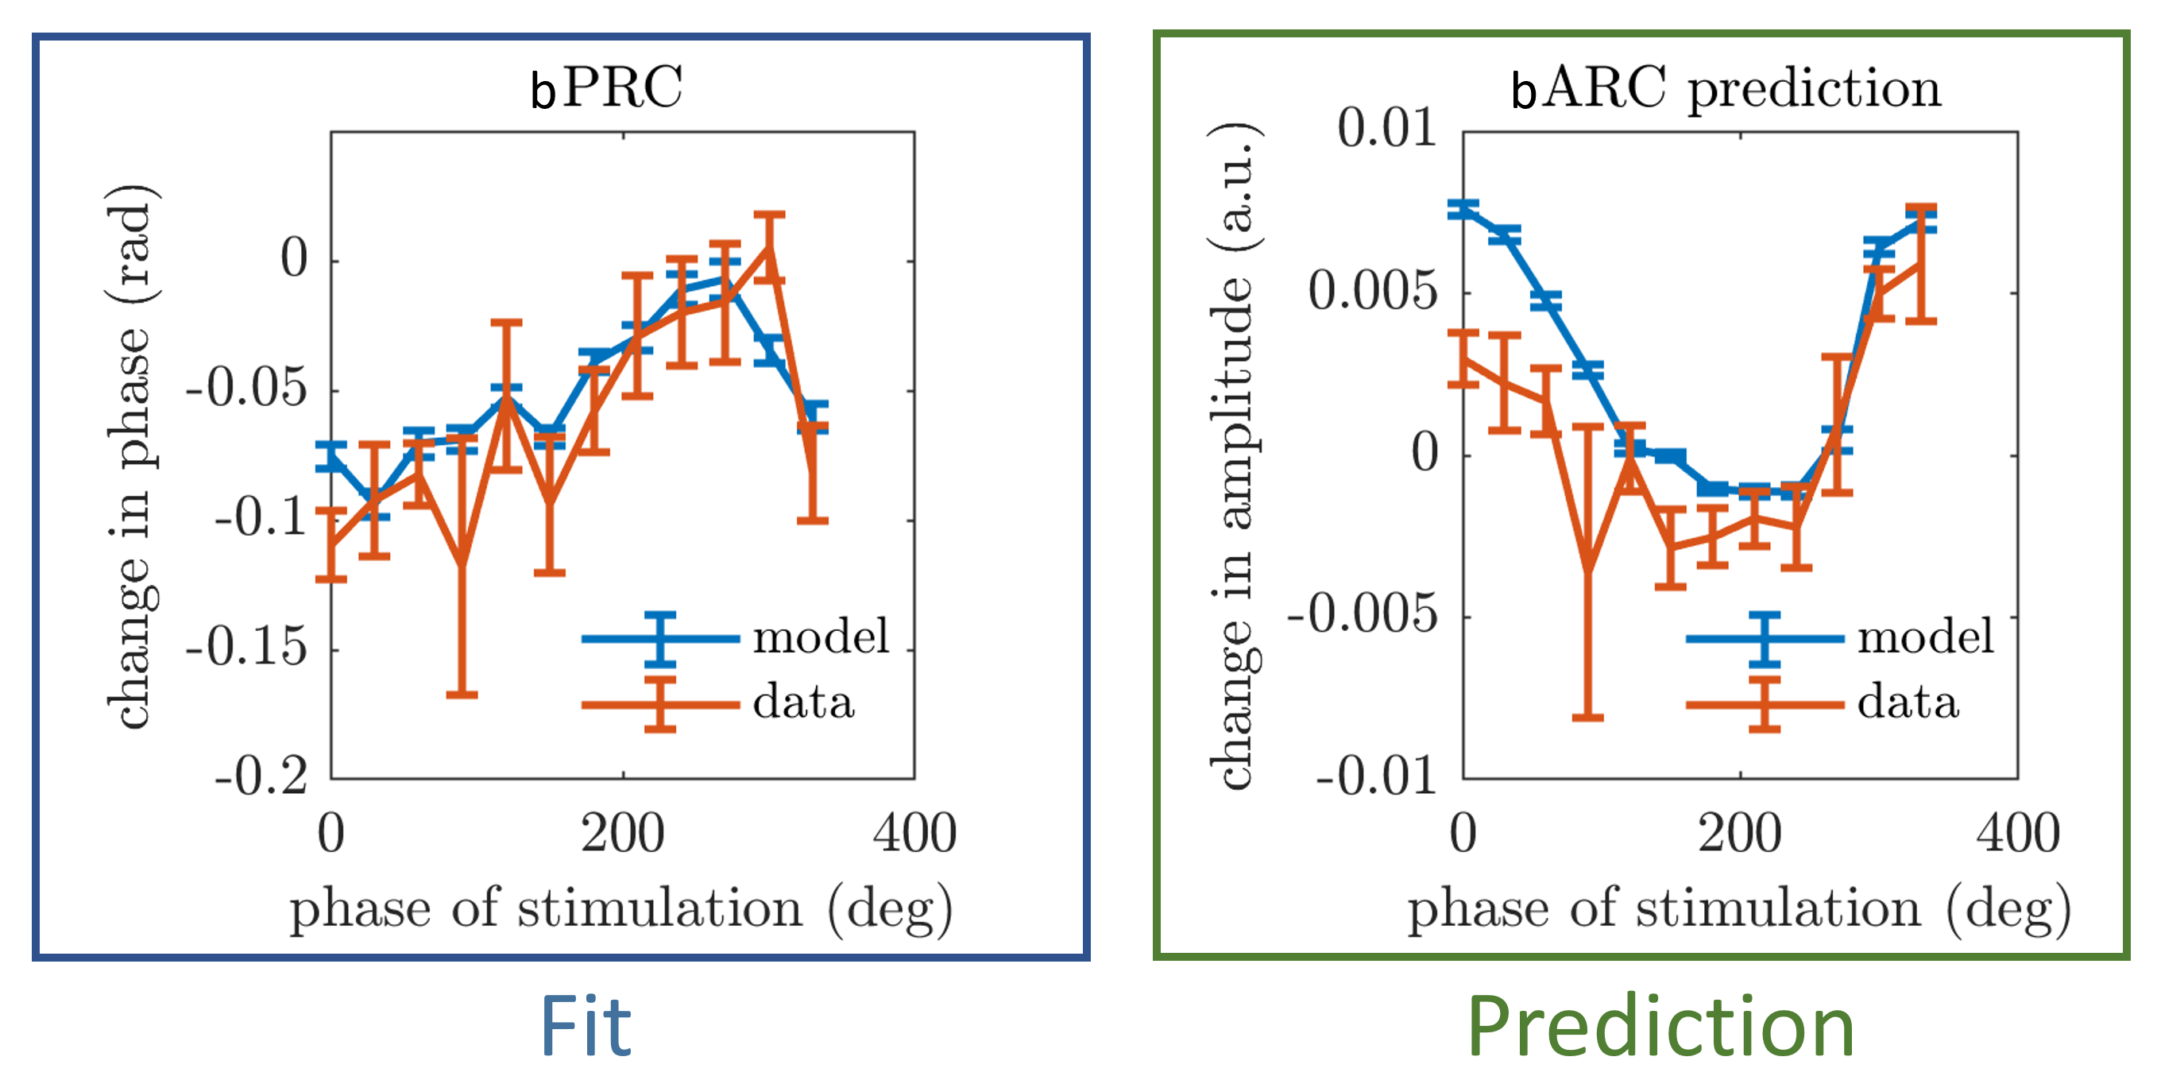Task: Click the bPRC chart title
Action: point(607,87)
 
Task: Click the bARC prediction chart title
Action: point(1726,87)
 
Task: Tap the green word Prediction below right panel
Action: point(1661,1027)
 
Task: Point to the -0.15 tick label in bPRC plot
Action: point(246,647)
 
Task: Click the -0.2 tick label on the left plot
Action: point(261,776)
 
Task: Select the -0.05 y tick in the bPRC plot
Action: point(246,388)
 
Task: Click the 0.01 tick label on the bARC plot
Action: point(1386,129)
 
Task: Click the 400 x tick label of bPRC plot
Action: point(914,834)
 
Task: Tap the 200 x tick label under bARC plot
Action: point(1740,834)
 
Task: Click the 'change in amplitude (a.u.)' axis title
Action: point(1235,457)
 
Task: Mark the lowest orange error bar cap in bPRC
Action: point(462,695)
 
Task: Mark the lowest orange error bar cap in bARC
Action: point(1587,717)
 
